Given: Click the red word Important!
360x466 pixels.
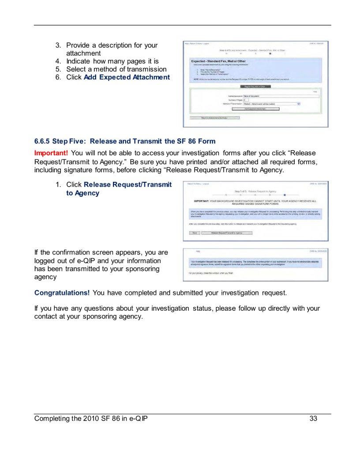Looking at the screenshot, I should (51, 153).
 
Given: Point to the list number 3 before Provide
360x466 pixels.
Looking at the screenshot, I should (58, 45).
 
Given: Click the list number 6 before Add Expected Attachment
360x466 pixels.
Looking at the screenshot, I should (58, 77).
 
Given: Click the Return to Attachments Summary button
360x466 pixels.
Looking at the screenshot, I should (214, 118).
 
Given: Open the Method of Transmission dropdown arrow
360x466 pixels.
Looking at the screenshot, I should (299, 104).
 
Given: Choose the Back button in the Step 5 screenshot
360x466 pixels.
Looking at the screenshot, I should (194, 233).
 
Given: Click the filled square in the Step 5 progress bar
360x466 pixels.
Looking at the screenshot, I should (285, 195).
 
